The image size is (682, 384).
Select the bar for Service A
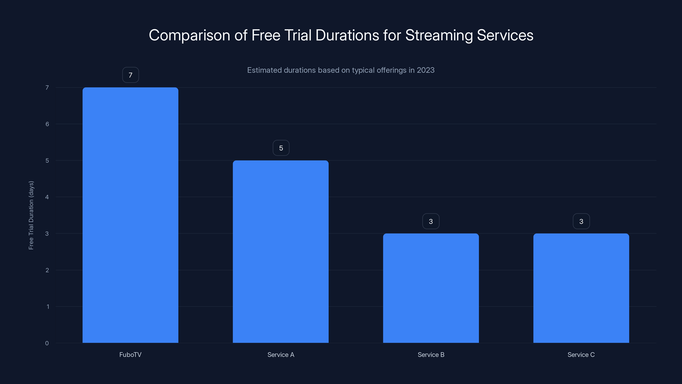pos(281,252)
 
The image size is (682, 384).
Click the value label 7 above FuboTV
pos(130,75)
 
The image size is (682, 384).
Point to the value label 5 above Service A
pos(281,148)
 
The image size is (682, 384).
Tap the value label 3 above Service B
pos(431,221)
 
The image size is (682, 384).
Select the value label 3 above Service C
pos(581,221)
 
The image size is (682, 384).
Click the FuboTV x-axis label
pos(130,355)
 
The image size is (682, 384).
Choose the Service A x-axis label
pos(281,355)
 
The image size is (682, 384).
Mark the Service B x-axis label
pos(431,355)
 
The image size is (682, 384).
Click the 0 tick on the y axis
pos(47,343)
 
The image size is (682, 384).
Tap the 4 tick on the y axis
pos(47,197)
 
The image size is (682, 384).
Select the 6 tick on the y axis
pos(47,124)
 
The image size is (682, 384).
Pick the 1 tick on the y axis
pos(48,307)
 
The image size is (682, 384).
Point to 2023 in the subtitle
pos(425,70)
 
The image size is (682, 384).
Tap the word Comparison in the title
pos(189,35)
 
